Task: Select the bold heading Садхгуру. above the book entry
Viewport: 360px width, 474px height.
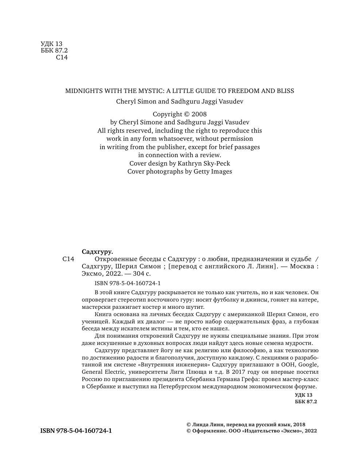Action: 97,252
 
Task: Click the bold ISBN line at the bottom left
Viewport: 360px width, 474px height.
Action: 76,431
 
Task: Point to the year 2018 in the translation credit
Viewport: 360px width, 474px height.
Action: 299,424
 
